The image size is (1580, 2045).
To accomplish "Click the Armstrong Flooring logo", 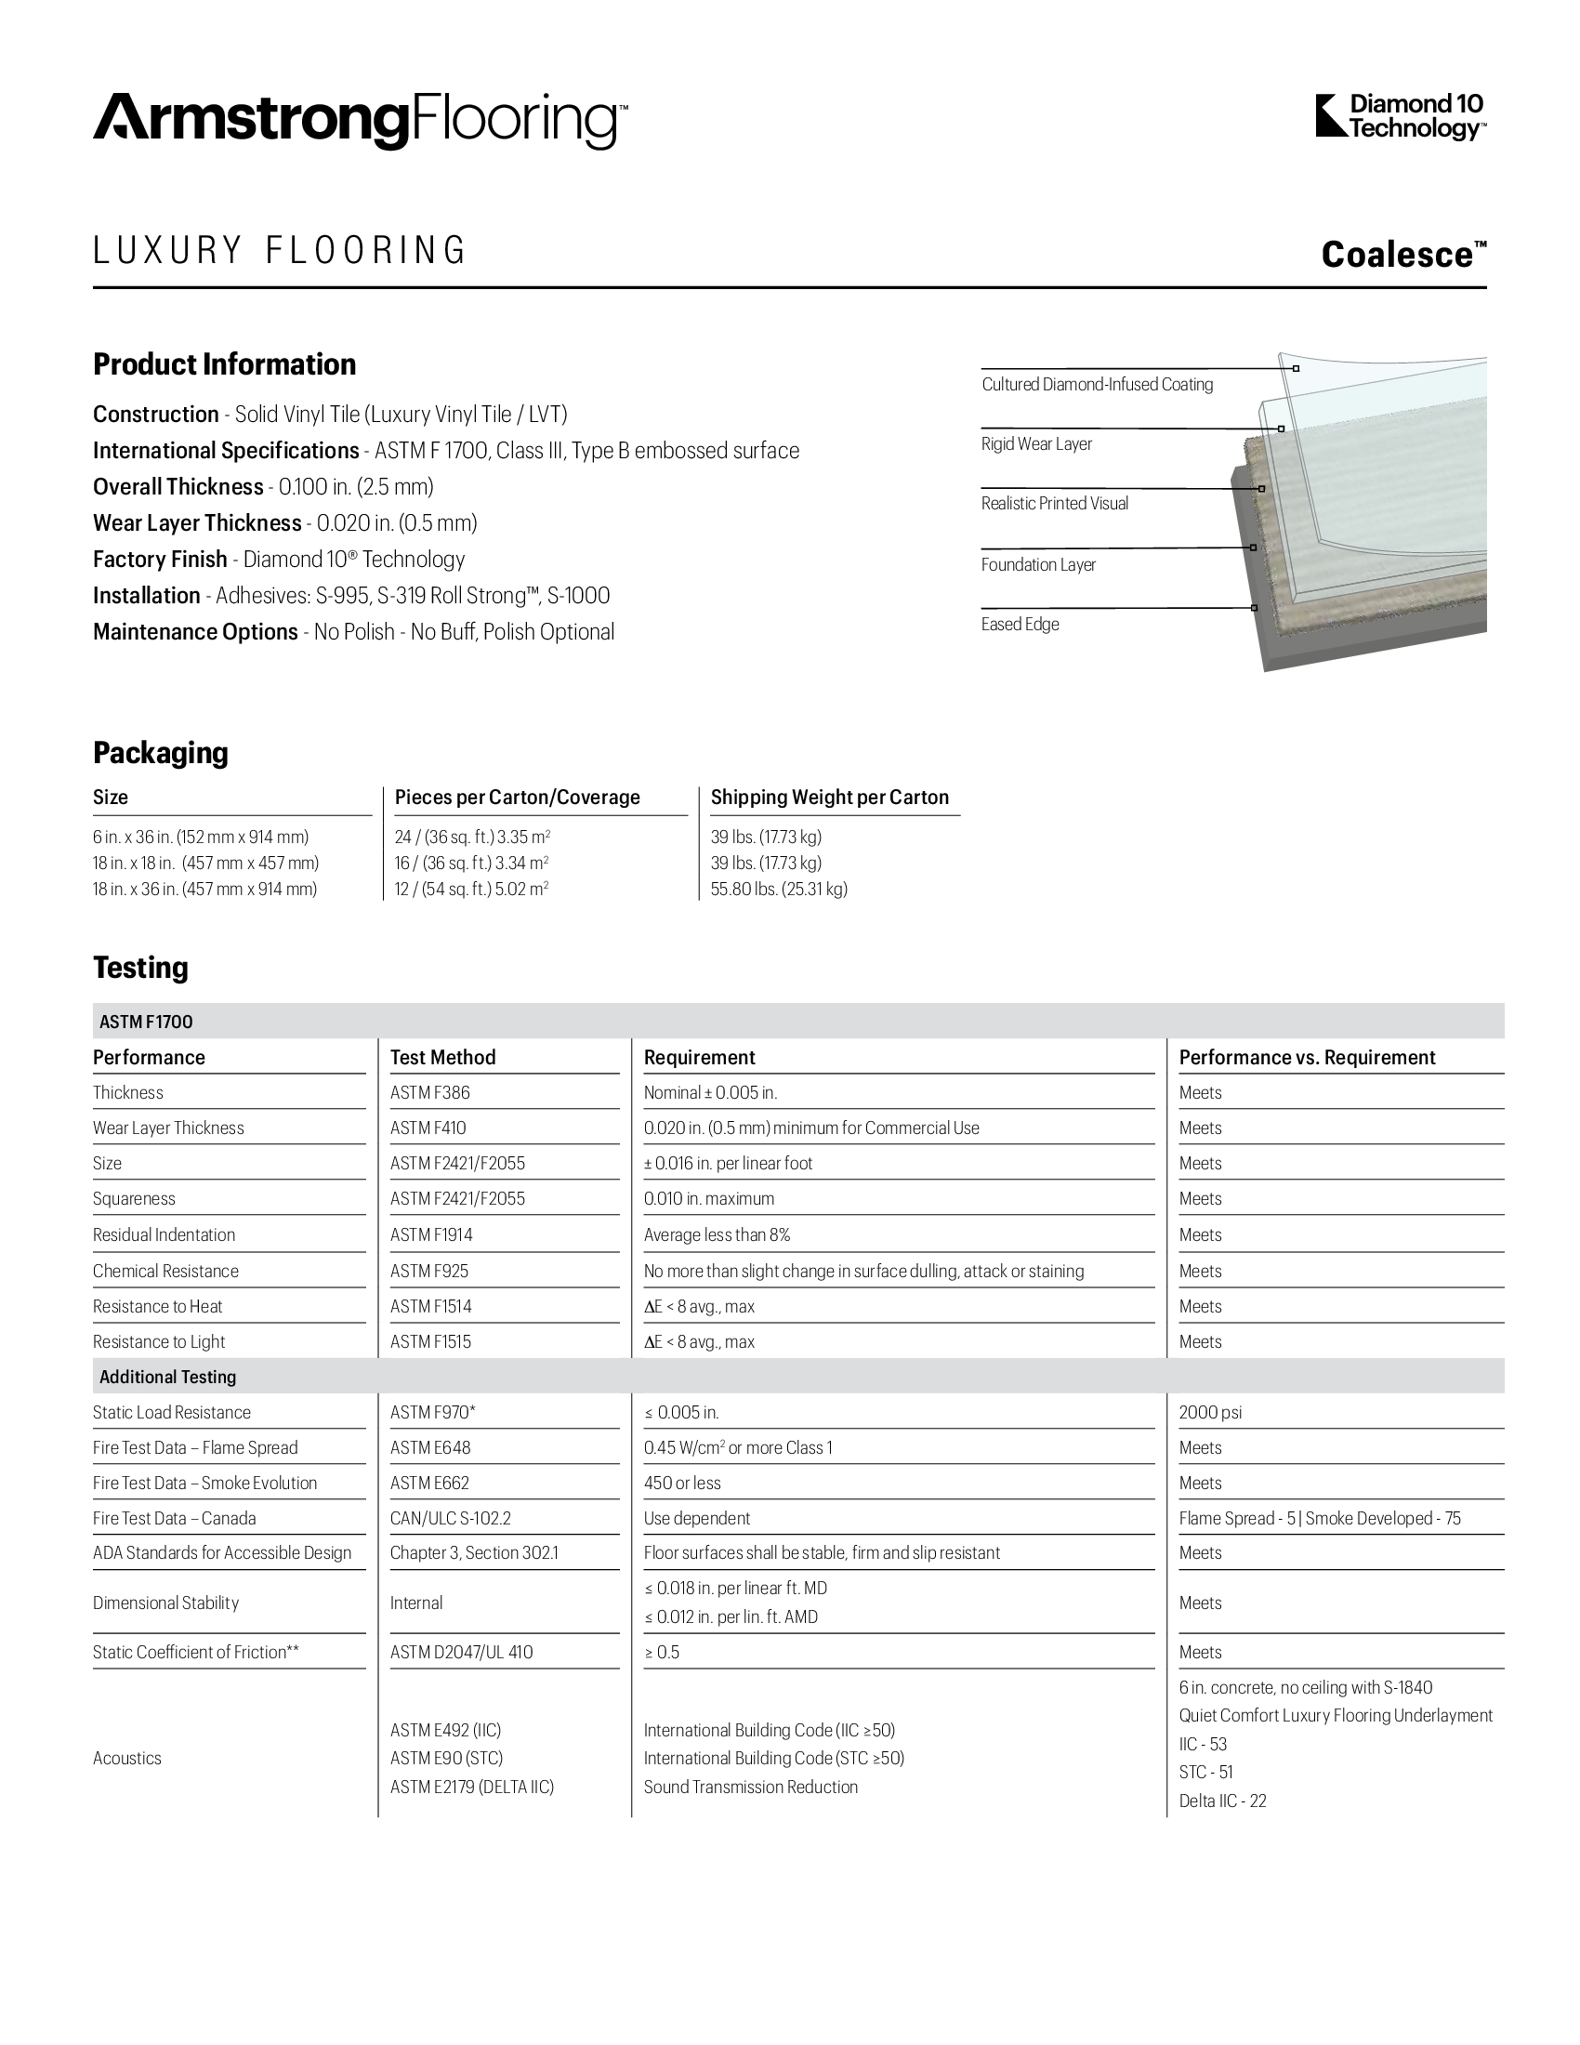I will click(360, 121).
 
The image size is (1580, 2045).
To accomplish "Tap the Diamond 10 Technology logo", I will click(1401, 117).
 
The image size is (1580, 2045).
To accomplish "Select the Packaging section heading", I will click(160, 753).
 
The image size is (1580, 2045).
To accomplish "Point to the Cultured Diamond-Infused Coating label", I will click(1096, 384).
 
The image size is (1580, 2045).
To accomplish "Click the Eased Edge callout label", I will click(1020, 625).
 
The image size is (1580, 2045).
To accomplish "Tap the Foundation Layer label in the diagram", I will click(1037, 564).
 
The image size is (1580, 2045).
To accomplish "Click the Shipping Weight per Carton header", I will click(829, 797).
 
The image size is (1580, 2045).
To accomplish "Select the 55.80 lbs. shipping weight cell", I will click(779, 889).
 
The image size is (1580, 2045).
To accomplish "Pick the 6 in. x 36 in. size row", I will click(201, 838).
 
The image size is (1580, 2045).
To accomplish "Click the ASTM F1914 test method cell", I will click(431, 1235).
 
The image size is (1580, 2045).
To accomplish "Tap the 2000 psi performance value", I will click(1210, 1412).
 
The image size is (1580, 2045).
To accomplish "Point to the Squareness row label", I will click(134, 1198).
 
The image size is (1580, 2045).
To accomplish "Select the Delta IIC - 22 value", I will click(1222, 1801).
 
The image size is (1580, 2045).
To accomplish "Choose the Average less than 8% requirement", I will click(717, 1235).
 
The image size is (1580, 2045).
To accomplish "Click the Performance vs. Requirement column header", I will click(1307, 1057).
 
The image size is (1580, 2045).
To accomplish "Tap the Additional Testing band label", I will click(167, 1377).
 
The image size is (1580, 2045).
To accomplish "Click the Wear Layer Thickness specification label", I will click(196, 522).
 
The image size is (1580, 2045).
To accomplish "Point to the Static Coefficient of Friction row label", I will click(195, 1652).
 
